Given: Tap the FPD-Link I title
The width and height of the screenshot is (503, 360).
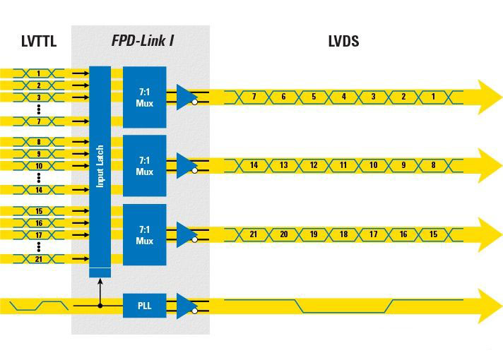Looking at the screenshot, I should [143, 41].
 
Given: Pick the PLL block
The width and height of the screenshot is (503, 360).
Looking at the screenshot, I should [144, 306].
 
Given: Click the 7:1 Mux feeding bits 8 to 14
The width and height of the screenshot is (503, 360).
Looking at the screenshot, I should [144, 166].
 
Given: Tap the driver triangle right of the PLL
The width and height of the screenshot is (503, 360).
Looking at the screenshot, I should [187, 306].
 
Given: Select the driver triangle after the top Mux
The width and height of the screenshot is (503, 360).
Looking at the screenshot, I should [187, 96].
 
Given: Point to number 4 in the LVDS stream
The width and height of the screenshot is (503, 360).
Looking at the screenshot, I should [344, 96].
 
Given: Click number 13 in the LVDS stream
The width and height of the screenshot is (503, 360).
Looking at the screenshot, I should [283, 165].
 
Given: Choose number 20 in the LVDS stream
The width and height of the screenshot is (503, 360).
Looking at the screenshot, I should [283, 234].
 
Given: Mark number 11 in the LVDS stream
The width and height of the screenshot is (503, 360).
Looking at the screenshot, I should [344, 165].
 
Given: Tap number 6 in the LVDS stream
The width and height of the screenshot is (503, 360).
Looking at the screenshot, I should [283, 96].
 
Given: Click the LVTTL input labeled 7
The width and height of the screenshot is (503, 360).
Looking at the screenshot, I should [39, 121].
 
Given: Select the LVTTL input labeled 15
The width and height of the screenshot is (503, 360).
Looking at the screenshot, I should [39, 211].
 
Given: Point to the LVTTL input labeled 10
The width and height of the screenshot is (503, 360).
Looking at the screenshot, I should [39, 165].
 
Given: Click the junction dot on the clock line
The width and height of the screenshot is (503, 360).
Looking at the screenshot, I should [100, 306].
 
